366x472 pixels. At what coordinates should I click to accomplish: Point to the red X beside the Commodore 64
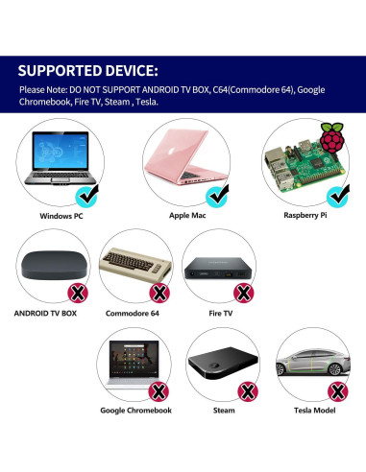[x=159, y=292]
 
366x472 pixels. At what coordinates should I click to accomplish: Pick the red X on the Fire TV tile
[x=245, y=292]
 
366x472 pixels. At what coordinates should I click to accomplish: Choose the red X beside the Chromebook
[x=159, y=391]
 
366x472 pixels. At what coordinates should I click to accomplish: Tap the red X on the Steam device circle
[x=247, y=391]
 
